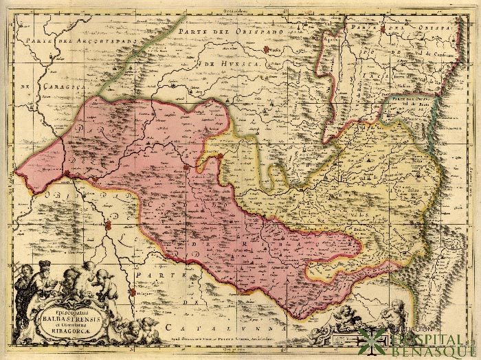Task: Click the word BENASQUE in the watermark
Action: coord(429,351)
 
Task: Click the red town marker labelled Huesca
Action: coord(266,49)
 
